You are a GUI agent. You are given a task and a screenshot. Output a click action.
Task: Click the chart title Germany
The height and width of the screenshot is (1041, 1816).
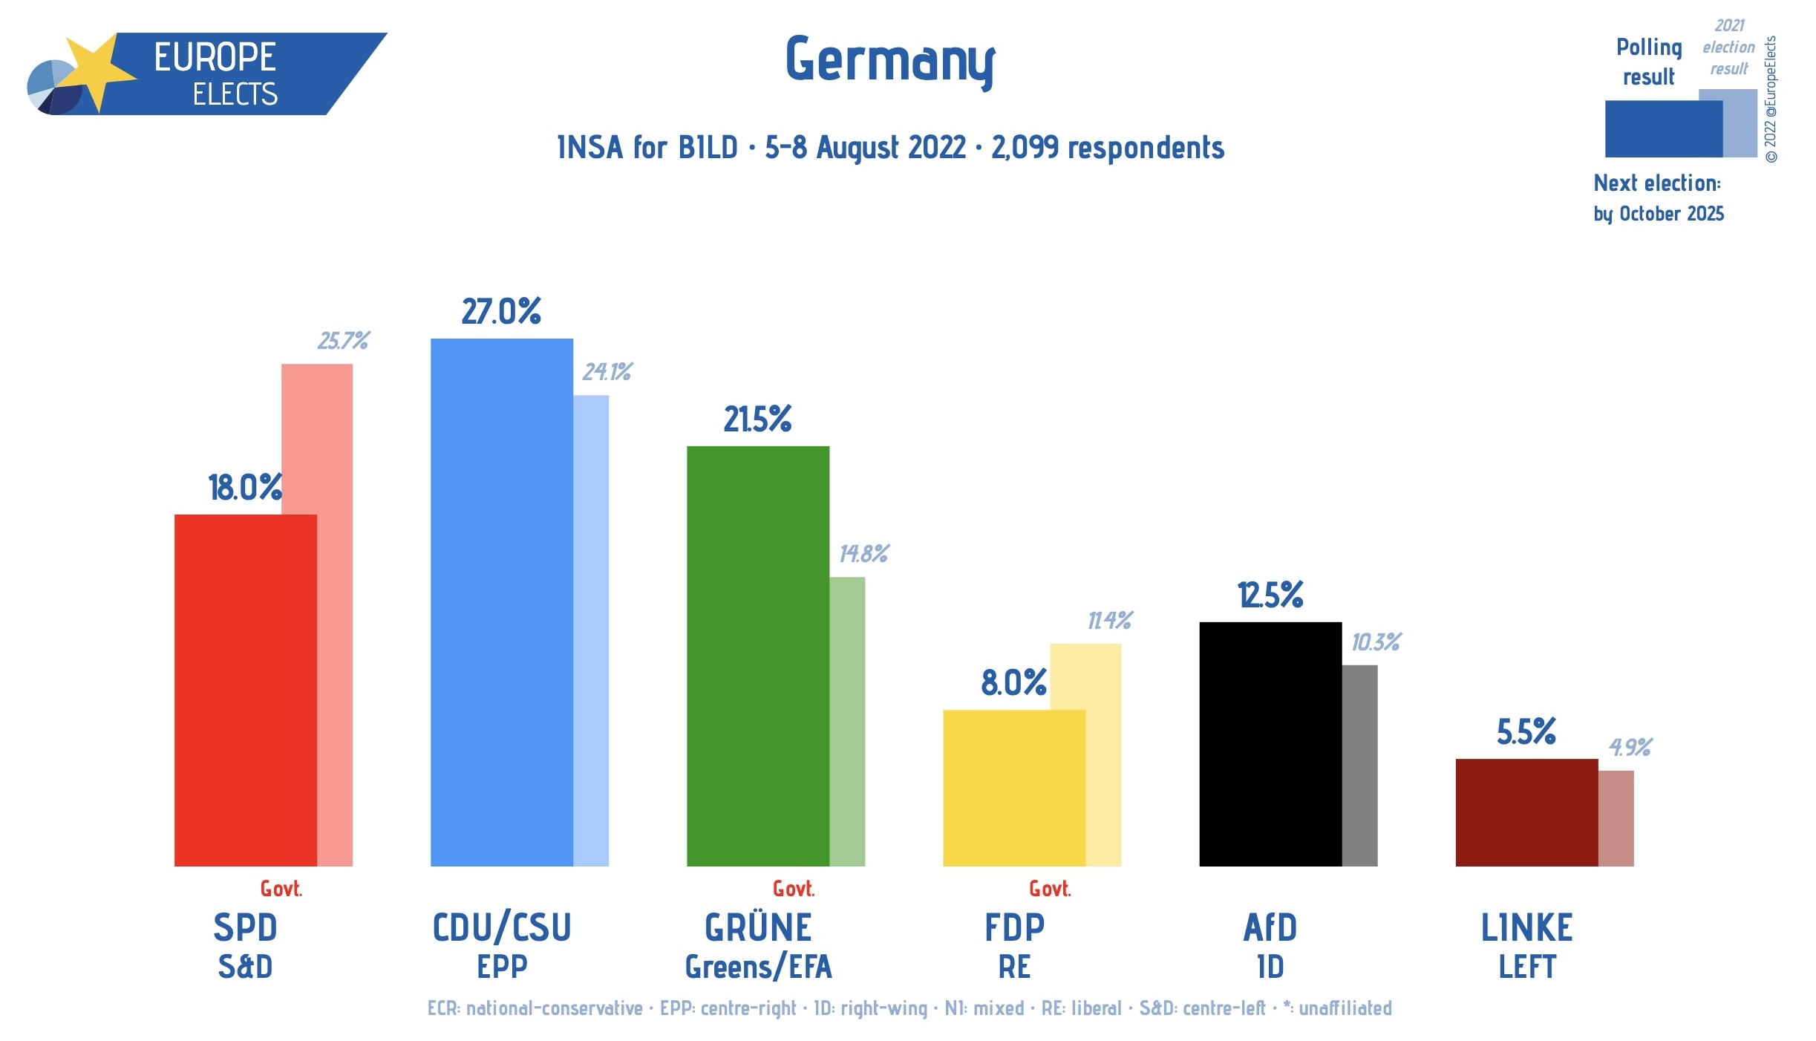tap(889, 61)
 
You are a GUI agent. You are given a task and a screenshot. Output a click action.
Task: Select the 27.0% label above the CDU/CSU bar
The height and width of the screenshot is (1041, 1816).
tap(501, 312)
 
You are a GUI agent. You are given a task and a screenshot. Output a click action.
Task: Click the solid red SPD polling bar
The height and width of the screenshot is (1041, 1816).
tap(245, 691)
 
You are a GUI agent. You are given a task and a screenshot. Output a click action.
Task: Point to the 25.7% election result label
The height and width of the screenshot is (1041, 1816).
tap(343, 341)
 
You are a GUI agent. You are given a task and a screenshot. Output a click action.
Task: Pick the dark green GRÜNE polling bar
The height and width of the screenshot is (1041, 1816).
tap(757, 657)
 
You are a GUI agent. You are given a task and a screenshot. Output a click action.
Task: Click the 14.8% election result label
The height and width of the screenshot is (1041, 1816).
tap(863, 554)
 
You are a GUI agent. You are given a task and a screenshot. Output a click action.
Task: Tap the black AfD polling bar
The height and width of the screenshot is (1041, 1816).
tap(1270, 744)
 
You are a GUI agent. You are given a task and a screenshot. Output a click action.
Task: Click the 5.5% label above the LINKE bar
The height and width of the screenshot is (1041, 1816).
tap(1526, 732)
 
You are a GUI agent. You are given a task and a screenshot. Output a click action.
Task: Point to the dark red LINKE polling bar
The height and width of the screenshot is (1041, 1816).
tap(1526, 812)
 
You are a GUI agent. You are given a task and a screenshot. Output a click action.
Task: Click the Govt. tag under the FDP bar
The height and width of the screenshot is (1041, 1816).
tap(1050, 889)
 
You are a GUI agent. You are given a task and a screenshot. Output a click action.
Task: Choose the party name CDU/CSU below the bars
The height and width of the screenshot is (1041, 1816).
tap(502, 928)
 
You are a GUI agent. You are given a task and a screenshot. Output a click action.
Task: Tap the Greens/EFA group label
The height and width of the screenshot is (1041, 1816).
tap(758, 967)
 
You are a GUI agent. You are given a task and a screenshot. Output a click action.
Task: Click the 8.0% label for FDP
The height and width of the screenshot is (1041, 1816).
tap(1013, 683)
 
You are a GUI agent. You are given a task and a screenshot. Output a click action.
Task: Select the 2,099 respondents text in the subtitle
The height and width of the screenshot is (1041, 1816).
tap(1108, 148)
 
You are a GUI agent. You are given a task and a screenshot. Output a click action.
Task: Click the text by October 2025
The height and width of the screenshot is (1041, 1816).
tap(1659, 214)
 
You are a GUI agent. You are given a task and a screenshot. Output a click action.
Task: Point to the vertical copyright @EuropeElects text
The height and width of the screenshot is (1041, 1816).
tap(1771, 99)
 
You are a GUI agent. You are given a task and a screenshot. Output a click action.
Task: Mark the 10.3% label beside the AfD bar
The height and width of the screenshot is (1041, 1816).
tap(1376, 642)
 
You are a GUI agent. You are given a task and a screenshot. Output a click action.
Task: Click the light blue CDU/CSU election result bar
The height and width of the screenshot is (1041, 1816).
tap(591, 631)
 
